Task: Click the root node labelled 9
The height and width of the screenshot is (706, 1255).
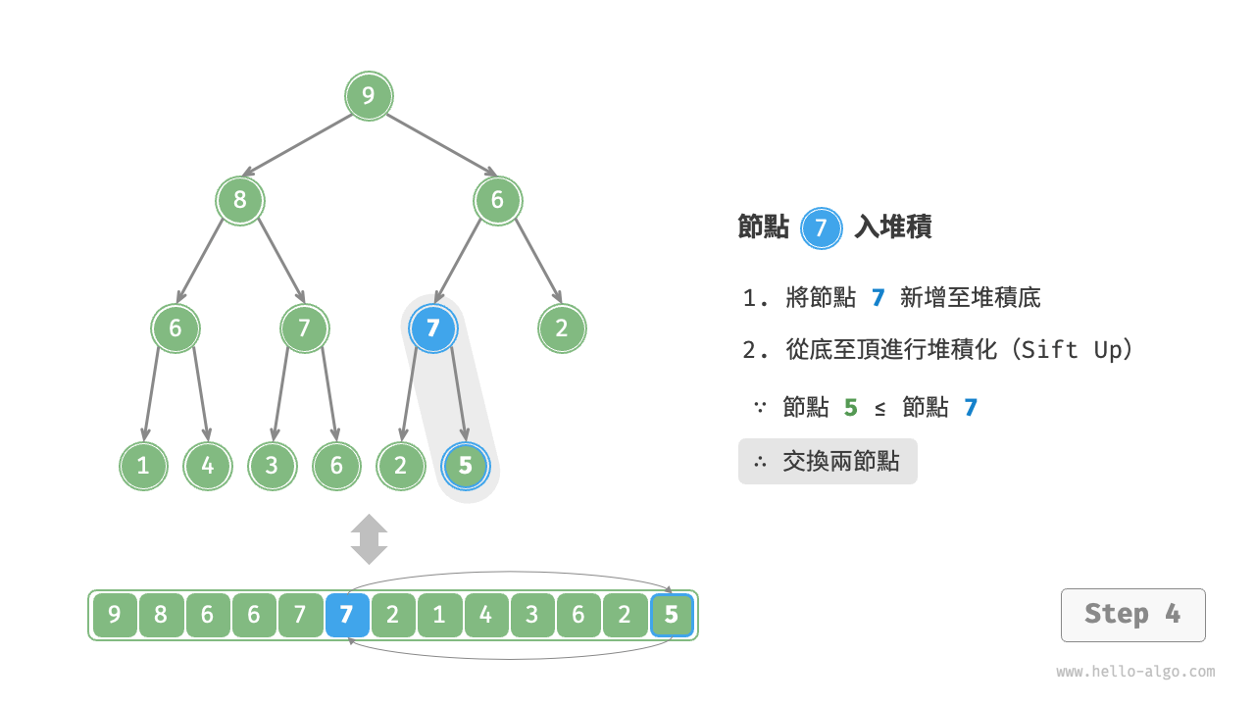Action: (369, 96)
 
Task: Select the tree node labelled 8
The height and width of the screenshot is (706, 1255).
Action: (240, 201)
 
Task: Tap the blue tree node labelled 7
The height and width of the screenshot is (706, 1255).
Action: (433, 328)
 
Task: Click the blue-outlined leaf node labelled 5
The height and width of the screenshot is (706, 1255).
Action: (466, 466)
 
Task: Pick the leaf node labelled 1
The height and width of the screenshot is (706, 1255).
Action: (143, 466)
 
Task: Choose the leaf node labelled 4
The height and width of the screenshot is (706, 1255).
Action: (208, 466)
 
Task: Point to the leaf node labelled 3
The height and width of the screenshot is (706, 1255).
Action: (272, 466)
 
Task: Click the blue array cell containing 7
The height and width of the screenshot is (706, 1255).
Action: (347, 616)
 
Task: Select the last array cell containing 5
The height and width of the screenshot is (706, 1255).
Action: (672, 616)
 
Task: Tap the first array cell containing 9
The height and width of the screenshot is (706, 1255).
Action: (115, 616)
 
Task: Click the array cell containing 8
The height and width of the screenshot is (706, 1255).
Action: (161, 616)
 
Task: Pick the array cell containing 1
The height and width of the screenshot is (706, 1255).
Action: (439, 616)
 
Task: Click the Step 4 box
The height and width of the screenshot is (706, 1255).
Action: (1132, 615)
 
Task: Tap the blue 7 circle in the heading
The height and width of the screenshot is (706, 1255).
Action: (822, 228)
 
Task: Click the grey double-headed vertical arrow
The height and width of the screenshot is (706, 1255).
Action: (370, 539)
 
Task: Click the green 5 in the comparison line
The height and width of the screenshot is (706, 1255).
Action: (850, 408)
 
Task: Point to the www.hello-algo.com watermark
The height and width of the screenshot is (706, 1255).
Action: (1135, 672)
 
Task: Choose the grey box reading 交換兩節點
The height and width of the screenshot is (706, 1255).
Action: (828, 461)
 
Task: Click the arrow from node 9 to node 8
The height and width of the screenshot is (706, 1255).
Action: (297, 145)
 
